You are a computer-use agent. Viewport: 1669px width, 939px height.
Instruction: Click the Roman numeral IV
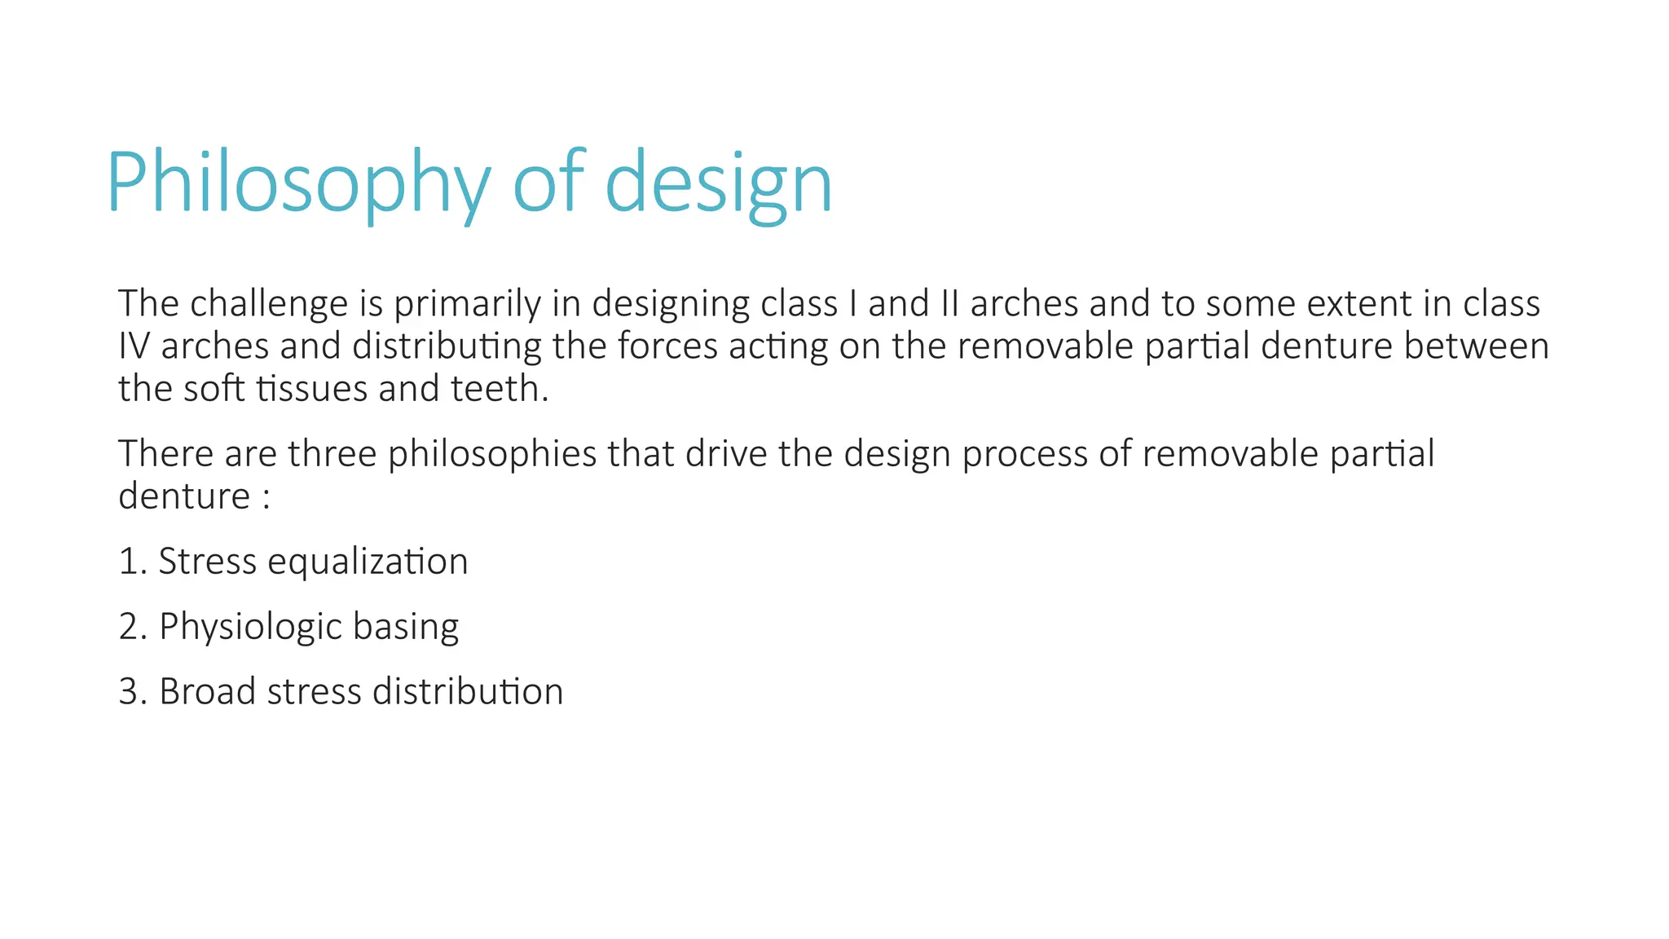coord(134,346)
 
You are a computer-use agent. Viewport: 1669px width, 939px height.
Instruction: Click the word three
coord(332,453)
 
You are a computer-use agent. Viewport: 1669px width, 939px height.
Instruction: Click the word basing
coord(406,627)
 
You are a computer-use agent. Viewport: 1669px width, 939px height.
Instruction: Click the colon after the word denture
coord(266,497)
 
